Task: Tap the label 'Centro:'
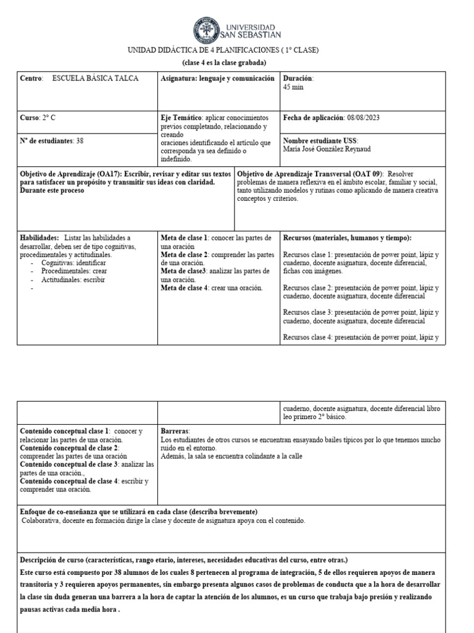(x=31, y=79)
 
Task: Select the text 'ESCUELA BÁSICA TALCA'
(x=96, y=79)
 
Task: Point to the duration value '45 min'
(x=294, y=87)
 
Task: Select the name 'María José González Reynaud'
(x=327, y=149)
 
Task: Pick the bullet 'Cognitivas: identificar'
(x=73, y=263)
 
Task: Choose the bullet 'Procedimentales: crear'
(x=74, y=271)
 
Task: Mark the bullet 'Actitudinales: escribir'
(x=73, y=279)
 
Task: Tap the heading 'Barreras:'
(x=175, y=430)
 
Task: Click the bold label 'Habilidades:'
(x=40, y=237)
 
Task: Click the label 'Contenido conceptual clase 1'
(x=64, y=430)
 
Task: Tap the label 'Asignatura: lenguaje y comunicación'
(x=217, y=79)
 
